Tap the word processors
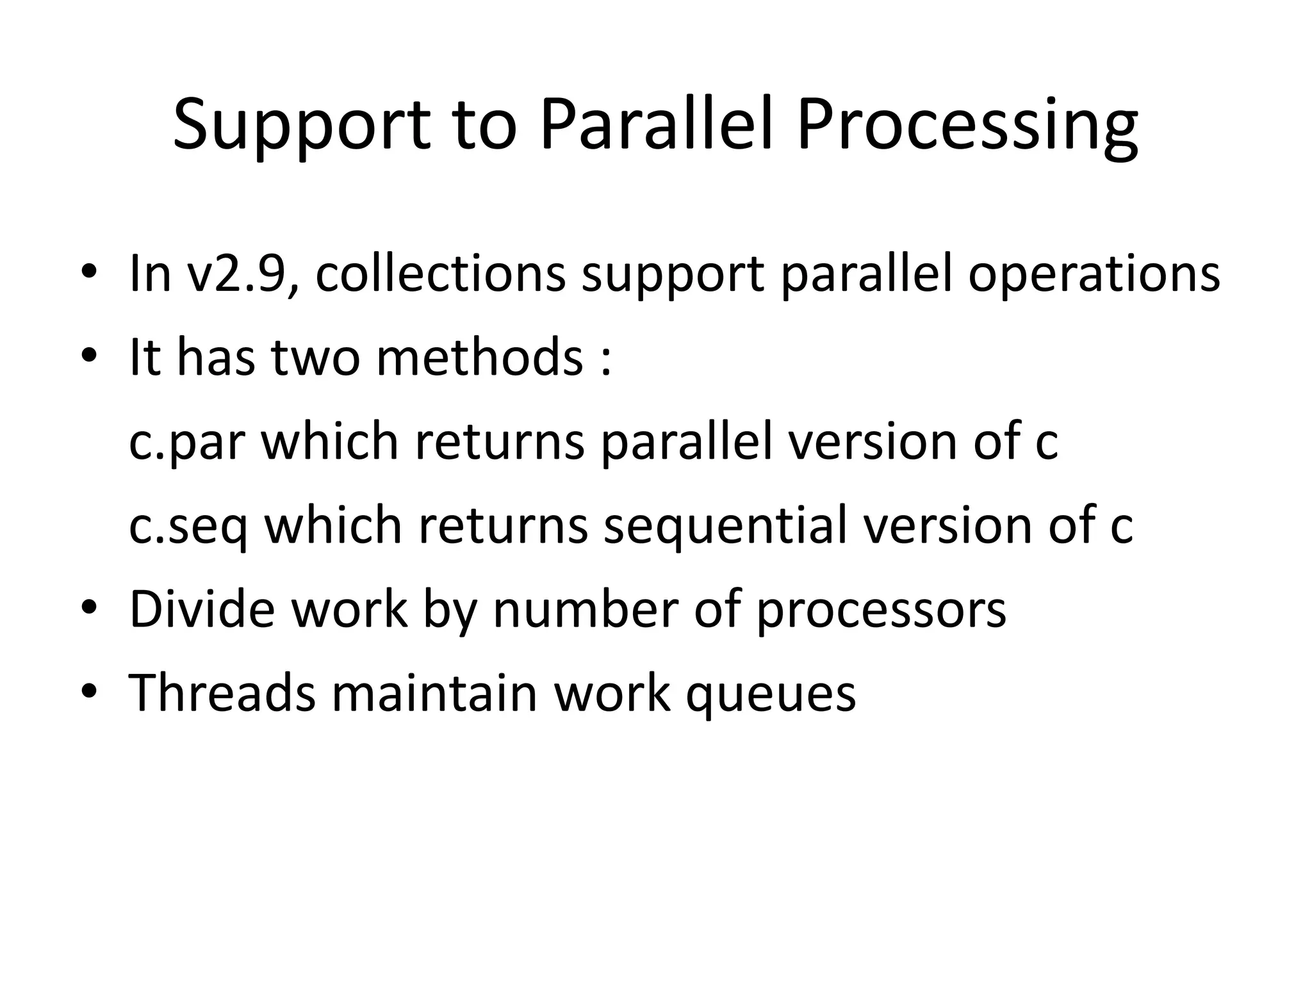click(x=881, y=610)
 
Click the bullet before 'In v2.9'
click(x=89, y=272)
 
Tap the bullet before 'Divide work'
click(x=89, y=606)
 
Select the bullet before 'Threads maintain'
click(x=89, y=690)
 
